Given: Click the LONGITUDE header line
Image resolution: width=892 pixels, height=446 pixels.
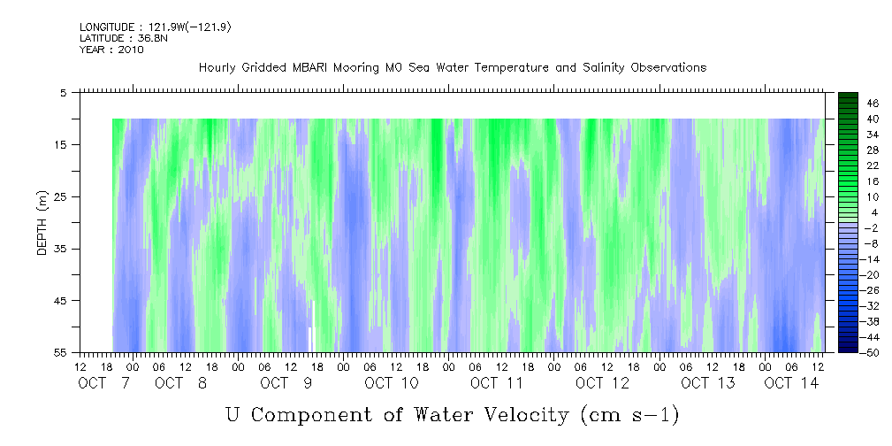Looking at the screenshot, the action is (x=156, y=27).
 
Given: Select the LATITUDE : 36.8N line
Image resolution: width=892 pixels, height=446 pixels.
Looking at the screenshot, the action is (x=120, y=38).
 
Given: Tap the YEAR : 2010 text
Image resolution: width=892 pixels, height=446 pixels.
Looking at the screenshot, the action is (x=111, y=50).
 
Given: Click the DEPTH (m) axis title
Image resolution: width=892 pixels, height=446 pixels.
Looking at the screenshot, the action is (x=42, y=222).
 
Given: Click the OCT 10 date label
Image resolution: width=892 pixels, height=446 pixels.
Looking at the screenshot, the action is (x=392, y=383).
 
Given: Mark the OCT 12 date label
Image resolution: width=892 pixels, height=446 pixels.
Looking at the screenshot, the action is (x=602, y=383).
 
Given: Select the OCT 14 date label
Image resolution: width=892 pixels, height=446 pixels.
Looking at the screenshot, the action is (x=791, y=383).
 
